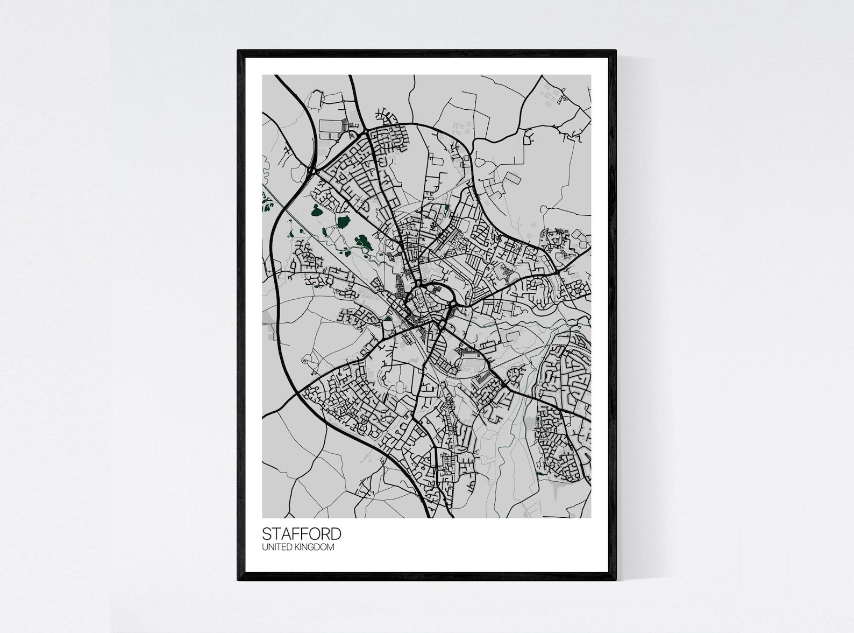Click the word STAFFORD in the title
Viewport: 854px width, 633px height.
301,534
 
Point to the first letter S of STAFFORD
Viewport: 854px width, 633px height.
266,534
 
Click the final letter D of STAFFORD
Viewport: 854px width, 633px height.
336,534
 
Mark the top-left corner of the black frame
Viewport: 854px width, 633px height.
238,51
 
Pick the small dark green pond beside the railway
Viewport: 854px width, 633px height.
388,319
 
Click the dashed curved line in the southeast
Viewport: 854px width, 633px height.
530,353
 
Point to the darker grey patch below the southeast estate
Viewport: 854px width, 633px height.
557,490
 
